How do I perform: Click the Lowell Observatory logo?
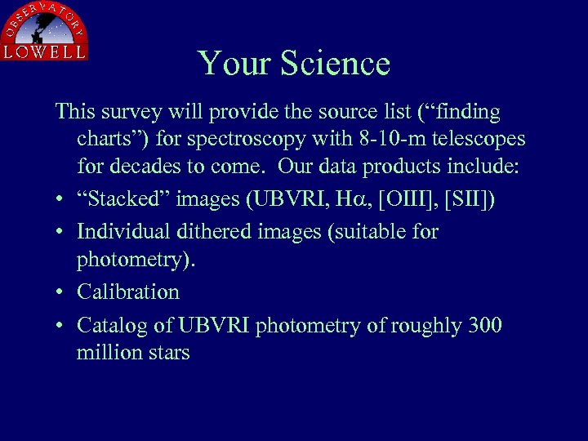(44, 31)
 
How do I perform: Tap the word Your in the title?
(233, 64)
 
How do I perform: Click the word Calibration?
(127, 292)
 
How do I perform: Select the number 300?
(484, 326)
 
